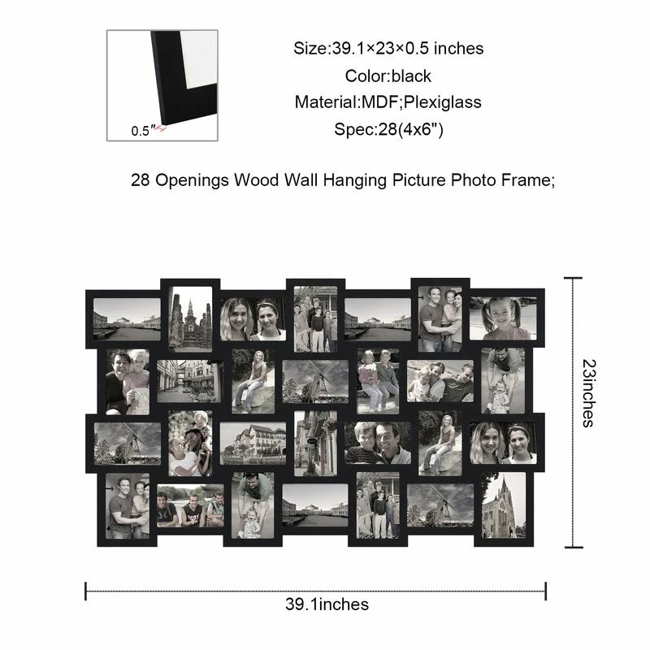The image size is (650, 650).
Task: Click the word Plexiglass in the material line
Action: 442,102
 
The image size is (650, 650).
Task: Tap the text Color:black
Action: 388,76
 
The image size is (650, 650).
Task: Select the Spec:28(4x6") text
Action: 389,129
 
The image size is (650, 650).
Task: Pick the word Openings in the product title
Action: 192,180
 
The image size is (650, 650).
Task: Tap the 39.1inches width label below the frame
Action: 327,604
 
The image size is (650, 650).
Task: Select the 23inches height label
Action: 588,393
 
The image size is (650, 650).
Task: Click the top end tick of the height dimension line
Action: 574,278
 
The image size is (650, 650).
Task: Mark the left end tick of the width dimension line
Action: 86,591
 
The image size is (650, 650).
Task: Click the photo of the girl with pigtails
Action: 503,318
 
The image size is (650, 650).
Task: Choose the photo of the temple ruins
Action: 190,319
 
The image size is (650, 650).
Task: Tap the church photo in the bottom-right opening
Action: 503,505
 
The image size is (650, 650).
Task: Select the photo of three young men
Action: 190,505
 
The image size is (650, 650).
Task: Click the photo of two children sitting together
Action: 378,381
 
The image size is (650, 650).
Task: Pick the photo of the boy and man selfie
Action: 378,443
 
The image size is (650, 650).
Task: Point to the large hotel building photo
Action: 253,443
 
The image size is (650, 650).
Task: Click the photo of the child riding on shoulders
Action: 190,444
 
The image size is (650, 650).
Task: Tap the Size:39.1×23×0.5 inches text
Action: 388,49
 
